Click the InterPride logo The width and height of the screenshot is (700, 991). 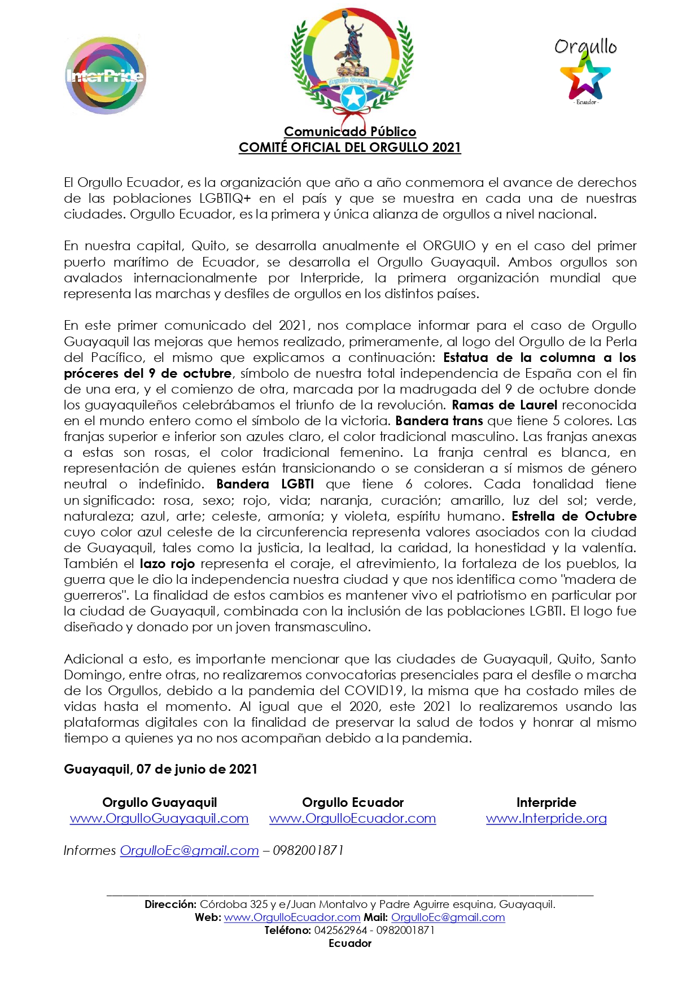click(x=106, y=76)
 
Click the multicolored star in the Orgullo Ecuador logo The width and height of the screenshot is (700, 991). click(x=585, y=80)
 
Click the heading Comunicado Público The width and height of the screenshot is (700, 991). click(x=350, y=132)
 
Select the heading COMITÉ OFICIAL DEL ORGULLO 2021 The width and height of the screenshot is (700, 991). click(x=350, y=147)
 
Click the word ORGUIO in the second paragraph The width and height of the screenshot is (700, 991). click(x=449, y=246)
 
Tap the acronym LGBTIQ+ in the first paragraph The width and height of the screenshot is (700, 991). click(x=225, y=198)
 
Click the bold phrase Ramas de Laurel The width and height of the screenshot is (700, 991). click(x=504, y=405)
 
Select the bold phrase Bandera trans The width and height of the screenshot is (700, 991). click(x=439, y=421)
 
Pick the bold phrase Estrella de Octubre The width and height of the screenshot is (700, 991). click(x=574, y=516)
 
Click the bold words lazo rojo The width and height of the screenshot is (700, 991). click(x=167, y=564)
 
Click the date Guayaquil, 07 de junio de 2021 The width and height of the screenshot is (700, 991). click(x=160, y=769)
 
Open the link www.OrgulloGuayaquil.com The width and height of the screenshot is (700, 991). click(x=159, y=818)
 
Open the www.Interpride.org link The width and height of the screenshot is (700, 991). click(x=546, y=818)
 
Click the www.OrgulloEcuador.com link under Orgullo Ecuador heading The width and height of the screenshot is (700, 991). click(x=352, y=818)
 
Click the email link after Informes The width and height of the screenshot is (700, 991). click(x=189, y=850)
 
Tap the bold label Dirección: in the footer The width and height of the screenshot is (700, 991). click(x=170, y=904)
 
